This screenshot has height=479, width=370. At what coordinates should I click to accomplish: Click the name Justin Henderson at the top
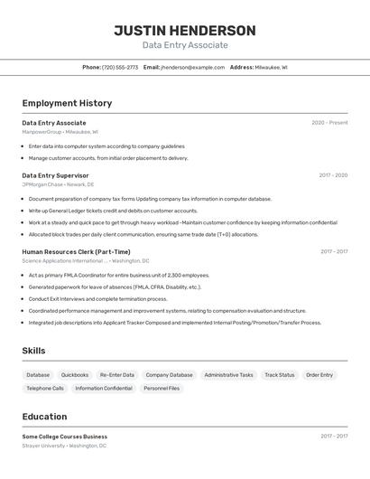coord(185,30)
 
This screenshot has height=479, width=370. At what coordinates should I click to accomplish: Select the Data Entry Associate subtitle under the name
coord(185,45)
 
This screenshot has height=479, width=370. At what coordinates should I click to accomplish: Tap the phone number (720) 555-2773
coord(120,67)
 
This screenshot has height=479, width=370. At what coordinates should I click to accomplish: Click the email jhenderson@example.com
coord(192,67)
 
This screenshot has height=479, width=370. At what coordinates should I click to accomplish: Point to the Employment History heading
coord(67,103)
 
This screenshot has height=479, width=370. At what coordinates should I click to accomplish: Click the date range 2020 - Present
coord(329,123)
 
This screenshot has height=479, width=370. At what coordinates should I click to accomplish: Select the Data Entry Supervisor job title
coord(55,175)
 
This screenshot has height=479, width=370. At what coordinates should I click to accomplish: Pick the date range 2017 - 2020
coord(333,175)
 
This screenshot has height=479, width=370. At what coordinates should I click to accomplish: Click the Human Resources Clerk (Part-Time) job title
coord(76,252)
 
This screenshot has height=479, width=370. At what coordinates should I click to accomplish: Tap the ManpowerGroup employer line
coord(60,132)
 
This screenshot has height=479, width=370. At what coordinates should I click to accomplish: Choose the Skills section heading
coord(33,351)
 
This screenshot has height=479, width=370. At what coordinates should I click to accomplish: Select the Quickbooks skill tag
coord(75,375)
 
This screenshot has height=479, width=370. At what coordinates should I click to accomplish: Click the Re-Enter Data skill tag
coord(117,375)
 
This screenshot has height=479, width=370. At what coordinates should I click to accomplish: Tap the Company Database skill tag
coord(169,375)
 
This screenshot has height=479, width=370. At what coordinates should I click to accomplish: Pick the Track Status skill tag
coord(280,375)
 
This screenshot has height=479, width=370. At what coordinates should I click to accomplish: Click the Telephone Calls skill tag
coord(45,389)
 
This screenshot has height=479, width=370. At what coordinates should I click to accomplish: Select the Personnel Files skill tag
coord(162,389)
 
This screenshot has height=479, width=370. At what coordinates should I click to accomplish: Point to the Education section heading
coord(44,417)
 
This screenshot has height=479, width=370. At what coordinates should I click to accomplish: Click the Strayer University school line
coord(64,446)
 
